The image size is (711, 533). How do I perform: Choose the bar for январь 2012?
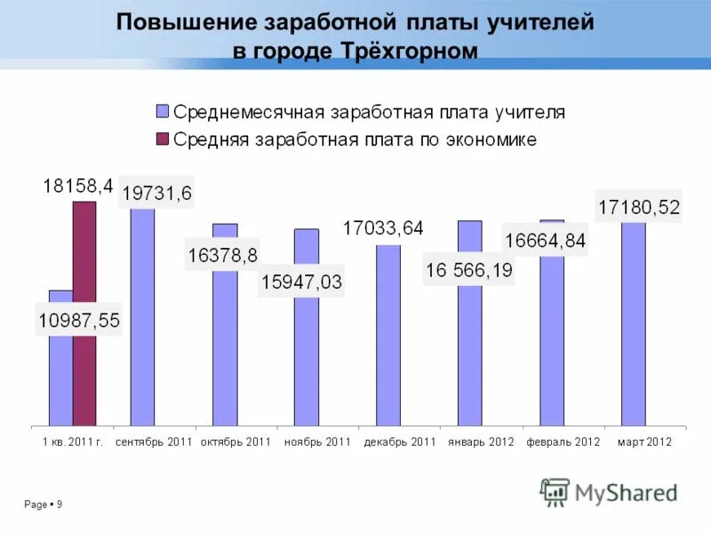(x=470, y=355)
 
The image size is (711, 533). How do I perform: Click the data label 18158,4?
(x=78, y=187)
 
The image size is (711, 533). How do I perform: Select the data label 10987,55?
(x=78, y=319)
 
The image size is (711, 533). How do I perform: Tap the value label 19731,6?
(x=156, y=193)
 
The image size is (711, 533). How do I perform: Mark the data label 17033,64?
(x=383, y=228)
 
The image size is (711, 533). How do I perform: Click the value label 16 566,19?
(x=468, y=270)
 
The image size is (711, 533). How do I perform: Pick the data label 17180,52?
(x=639, y=208)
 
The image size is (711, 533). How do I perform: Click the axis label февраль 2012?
(x=563, y=442)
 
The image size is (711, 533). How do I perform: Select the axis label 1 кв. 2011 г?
(x=73, y=442)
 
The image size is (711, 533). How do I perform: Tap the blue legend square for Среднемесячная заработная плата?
(x=162, y=112)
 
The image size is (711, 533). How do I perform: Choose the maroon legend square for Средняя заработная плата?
(x=162, y=139)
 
